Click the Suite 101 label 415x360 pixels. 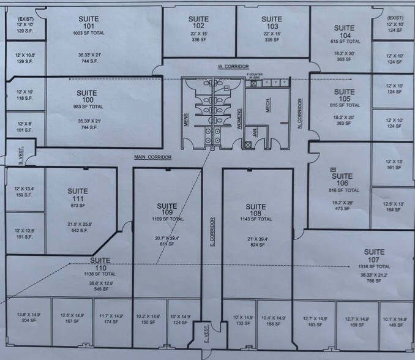tap(89, 23)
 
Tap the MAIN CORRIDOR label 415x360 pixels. tap(152, 157)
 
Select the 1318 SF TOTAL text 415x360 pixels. tap(374, 267)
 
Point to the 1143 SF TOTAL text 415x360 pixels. tap(252, 219)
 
